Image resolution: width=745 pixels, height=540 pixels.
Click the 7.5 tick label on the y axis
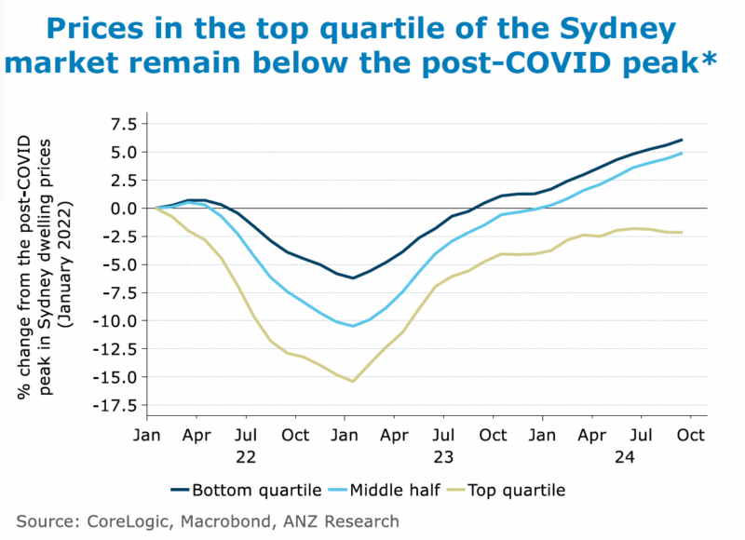[x=121, y=124]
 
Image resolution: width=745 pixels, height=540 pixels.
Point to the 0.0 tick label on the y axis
[x=121, y=209]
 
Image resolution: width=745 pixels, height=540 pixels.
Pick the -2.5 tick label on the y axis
[x=117, y=236]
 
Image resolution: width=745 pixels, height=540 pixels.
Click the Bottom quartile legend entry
[x=249, y=489]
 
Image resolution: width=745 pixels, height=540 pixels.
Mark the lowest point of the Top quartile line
[x=353, y=381]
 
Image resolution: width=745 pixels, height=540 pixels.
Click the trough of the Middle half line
[x=353, y=326]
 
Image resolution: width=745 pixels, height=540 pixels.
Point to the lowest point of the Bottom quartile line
[x=353, y=277]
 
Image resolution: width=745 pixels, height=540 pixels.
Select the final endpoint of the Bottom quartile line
[x=682, y=140]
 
